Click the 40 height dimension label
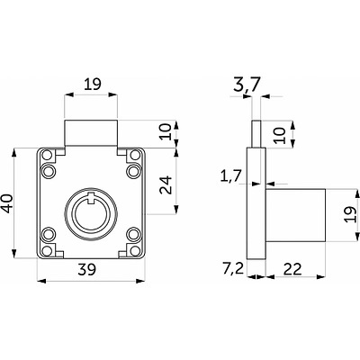[7, 203]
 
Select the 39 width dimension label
[86, 269]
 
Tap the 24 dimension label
[166, 185]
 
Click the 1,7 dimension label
[230, 176]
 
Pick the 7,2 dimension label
[233, 269]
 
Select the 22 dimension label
[292, 269]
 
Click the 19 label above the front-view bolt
[93, 85]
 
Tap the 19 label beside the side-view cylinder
[350, 214]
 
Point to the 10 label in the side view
[279, 136]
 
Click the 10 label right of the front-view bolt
[166, 131]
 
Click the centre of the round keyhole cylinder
[91, 213]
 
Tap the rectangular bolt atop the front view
[91, 133]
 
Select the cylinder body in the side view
[295, 215]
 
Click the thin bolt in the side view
[256, 134]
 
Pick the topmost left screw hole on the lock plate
[48, 156]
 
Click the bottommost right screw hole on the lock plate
[135, 251]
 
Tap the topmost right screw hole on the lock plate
[135, 156]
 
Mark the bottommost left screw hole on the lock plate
[47, 251]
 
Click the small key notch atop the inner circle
[91, 198]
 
